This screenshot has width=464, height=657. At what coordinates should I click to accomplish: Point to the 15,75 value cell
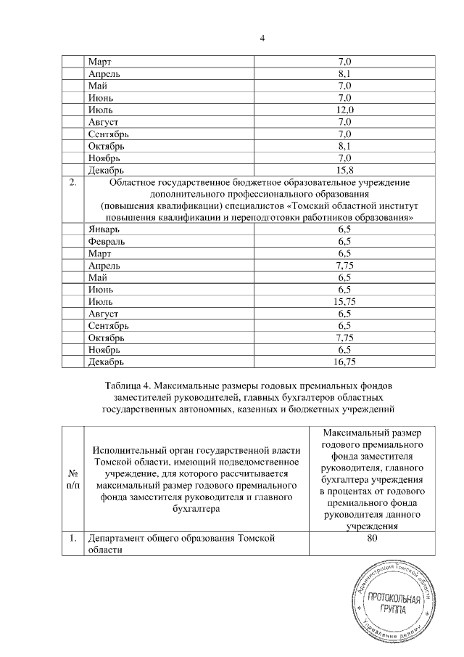click(344, 300)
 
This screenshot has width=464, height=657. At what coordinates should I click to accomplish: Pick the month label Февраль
click(109, 241)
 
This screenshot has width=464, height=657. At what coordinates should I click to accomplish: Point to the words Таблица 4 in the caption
click(130, 383)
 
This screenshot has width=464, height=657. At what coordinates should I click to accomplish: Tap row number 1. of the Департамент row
click(72, 539)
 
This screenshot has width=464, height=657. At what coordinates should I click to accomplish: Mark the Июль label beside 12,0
click(101, 110)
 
